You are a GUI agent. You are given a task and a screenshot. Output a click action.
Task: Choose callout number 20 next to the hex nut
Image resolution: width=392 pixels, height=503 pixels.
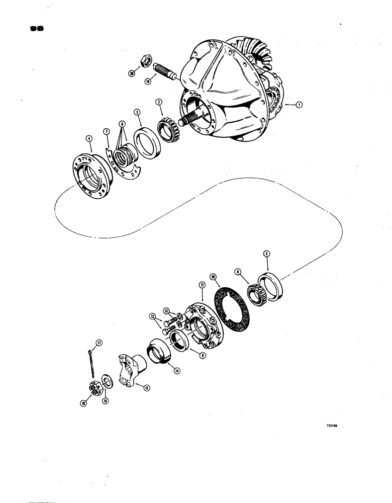pyautogui.click(x=132, y=73)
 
